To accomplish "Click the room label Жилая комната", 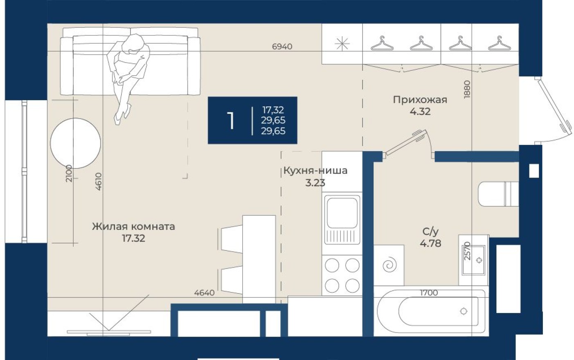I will [x=133, y=226].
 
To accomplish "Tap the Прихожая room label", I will [x=420, y=100].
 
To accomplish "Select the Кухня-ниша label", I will [x=315, y=171].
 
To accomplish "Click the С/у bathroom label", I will [x=430, y=232].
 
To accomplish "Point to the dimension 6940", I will [x=282, y=47].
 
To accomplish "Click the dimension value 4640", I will [x=204, y=293].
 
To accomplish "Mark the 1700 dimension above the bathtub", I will [x=429, y=293].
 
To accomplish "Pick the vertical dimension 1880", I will [x=468, y=89].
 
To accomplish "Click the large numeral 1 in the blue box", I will [x=231, y=121].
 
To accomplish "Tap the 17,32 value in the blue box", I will [x=273, y=110].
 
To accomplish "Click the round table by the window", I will [x=75, y=143].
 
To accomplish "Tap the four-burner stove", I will [x=342, y=275].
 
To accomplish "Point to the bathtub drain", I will [x=464, y=311].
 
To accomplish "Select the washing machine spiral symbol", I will [x=389, y=265].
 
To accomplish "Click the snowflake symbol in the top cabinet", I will [x=342, y=44].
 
